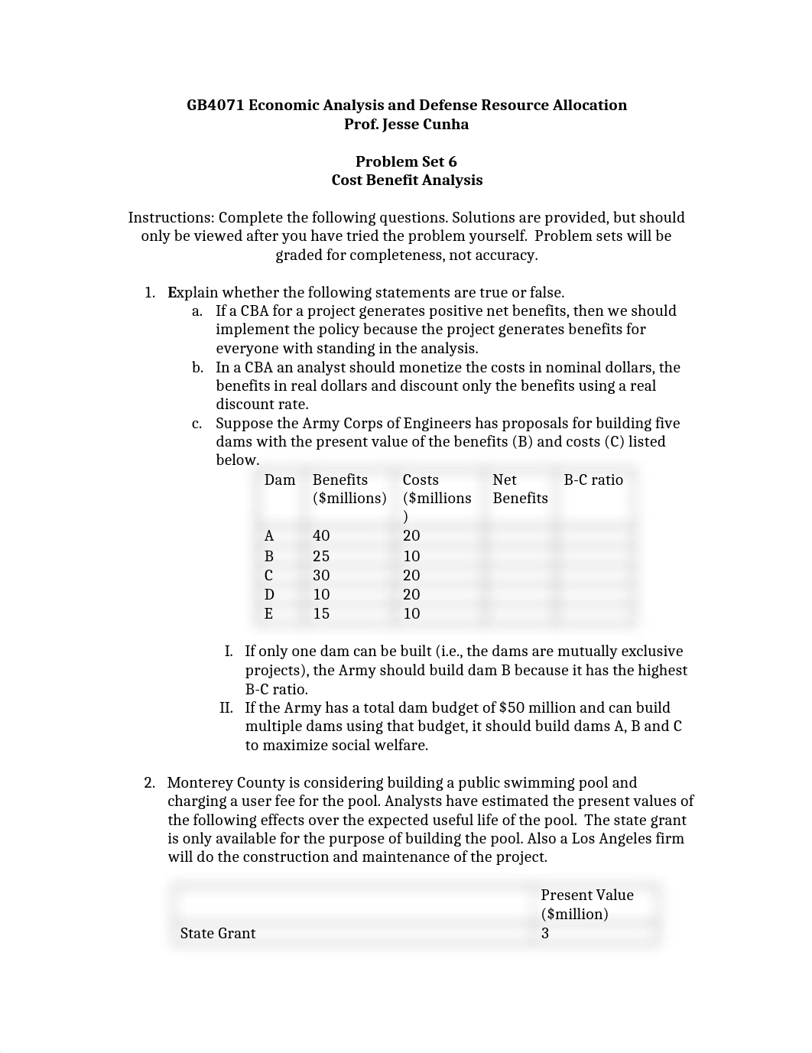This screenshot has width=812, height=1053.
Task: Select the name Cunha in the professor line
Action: (444, 125)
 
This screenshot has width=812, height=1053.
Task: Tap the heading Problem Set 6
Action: (406, 161)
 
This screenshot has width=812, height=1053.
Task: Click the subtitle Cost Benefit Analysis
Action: (407, 180)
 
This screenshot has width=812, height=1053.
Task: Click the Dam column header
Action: (280, 480)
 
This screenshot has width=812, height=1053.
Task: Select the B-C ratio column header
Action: (593, 480)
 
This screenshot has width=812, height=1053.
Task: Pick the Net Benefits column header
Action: (520, 489)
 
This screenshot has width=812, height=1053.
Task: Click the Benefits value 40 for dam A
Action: (321, 536)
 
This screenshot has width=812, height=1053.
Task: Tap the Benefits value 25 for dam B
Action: (321, 557)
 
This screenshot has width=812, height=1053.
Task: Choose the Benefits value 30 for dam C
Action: (321, 576)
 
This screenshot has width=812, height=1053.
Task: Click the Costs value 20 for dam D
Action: (411, 595)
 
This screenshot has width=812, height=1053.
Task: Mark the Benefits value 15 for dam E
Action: (321, 614)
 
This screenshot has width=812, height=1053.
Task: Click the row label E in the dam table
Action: (268, 614)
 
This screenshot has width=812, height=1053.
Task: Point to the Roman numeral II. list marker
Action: (226, 708)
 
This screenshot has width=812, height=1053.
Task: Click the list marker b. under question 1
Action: (197, 368)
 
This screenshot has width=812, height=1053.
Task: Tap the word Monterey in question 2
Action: (200, 783)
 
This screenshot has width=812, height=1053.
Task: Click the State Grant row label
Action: (218, 934)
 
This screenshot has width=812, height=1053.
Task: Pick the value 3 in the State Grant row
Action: (545, 934)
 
